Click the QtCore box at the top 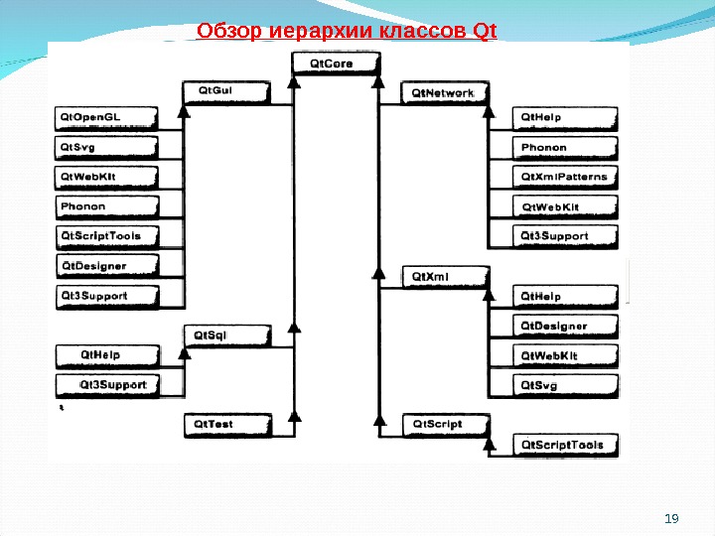point(336,65)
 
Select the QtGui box point(227,92)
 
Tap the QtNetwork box point(446,94)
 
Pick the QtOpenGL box point(104,118)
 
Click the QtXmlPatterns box point(564,178)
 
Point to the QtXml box point(445,275)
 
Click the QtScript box point(445,425)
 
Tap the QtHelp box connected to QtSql point(103,354)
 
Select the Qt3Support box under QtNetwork point(564,237)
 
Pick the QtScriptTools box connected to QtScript point(564,446)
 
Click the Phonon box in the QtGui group point(103,207)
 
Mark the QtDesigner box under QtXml point(564,327)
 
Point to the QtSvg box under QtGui point(103,148)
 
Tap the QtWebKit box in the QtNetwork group point(564,207)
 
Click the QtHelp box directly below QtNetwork point(564,118)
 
